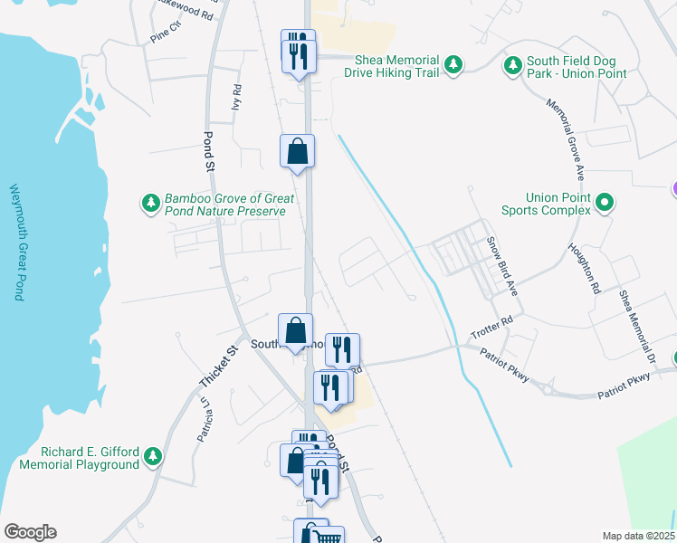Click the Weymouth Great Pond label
(x=15, y=242)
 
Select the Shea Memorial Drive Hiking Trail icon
(x=454, y=65)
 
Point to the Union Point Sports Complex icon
(x=606, y=204)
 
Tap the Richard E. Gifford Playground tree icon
(x=153, y=458)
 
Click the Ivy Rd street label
(x=237, y=98)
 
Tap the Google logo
(x=30, y=532)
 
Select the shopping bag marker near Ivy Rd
(x=297, y=152)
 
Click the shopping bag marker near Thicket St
(x=295, y=330)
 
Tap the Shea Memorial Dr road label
(x=636, y=327)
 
